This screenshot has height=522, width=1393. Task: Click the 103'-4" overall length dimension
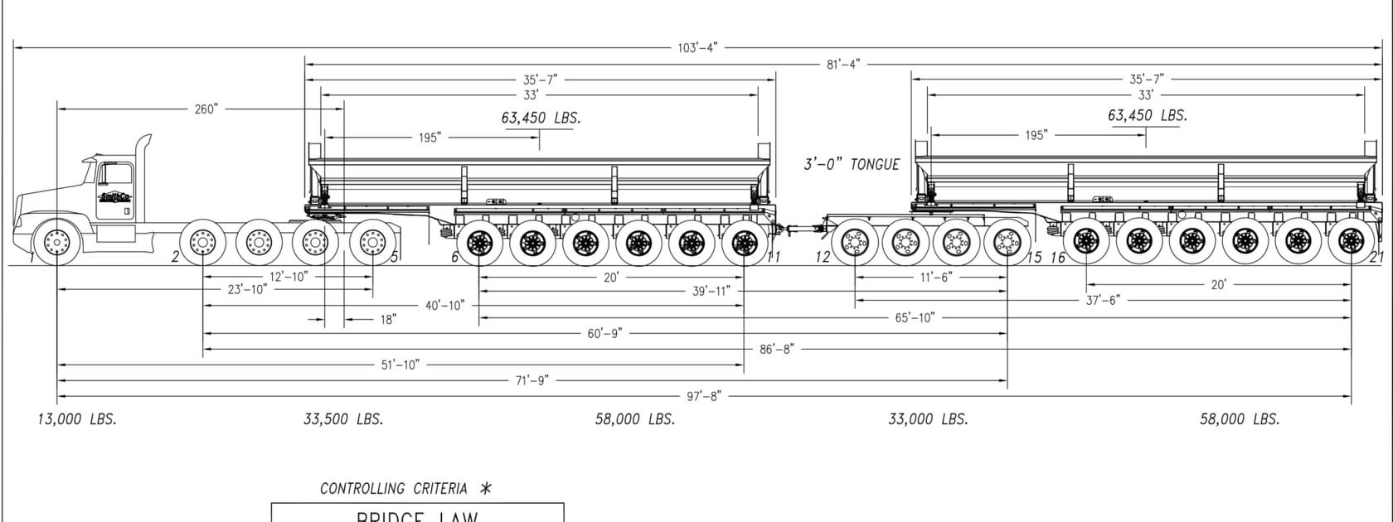697,48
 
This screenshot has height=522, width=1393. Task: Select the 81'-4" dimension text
843,64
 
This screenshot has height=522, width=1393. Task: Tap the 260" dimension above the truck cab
206,109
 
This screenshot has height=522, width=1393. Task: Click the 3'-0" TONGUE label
851,164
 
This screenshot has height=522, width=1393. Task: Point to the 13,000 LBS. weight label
77,419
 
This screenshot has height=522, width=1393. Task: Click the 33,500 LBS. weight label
343,419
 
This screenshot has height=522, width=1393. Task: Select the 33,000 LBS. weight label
928,419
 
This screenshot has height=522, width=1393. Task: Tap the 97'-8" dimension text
703,396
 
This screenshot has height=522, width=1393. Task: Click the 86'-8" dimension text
776,349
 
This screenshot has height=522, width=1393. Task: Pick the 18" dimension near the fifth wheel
388,319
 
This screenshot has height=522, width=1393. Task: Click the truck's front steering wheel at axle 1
56,243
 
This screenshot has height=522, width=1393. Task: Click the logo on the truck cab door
114,197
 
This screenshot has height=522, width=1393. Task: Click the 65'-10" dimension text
914,317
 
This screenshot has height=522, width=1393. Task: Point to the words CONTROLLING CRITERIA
393,489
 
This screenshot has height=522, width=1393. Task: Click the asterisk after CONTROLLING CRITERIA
486,488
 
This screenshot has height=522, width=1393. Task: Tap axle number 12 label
823,257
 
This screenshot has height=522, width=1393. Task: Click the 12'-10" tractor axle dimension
288,277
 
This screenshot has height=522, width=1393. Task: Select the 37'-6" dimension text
1102,300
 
